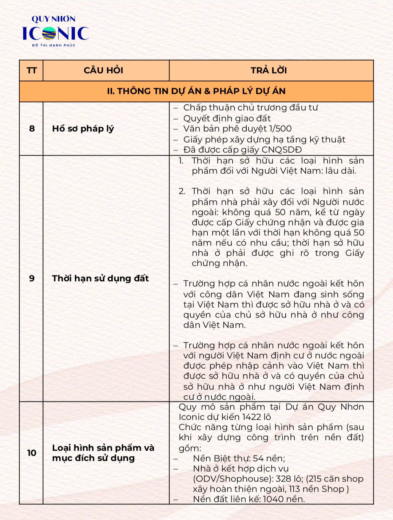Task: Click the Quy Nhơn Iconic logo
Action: pyautogui.click(x=55, y=32)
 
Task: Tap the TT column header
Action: pyautogui.click(x=32, y=71)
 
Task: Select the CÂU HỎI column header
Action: pyautogui.click(x=103, y=71)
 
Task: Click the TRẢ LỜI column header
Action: pyautogui.click(x=269, y=71)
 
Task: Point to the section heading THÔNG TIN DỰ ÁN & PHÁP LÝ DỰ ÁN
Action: pyautogui.click(x=196, y=91)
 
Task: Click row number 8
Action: pyautogui.click(x=32, y=128)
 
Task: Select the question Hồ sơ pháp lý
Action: pyautogui.click(x=83, y=129)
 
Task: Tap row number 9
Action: pyautogui.click(x=32, y=278)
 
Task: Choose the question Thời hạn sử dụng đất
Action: pyautogui.click(x=100, y=279)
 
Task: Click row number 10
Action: pyautogui.click(x=32, y=453)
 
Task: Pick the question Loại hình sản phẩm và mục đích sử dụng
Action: pyautogui.click(x=103, y=453)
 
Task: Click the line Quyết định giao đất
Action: pyautogui.click(x=227, y=118)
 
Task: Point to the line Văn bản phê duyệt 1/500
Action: pyautogui.click(x=237, y=128)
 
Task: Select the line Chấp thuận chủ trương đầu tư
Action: pyautogui.click(x=250, y=108)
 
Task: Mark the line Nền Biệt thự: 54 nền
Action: pyautogui.click(x=239, y=458)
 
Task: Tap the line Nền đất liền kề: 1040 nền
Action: pyautogui.click(x=249, y=499)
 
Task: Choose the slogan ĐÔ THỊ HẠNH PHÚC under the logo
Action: pyautogui.click(x=53, y=45)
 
